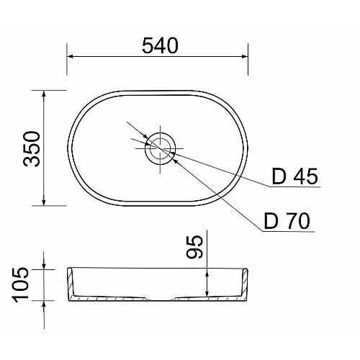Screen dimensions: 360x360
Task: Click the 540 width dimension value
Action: tap(160, 45)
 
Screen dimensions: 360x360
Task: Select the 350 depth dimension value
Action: tap(32, 149)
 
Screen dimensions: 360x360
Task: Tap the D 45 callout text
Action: tap(294, 176)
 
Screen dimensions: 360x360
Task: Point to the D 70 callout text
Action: tap(287, 221)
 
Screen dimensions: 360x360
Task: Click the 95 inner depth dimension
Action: tap(194, 247)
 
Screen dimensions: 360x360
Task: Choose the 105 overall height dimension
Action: tap(20, 284)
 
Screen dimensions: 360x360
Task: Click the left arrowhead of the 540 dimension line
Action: tap(70, 56)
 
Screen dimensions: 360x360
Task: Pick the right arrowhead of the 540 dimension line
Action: tap(245, 56)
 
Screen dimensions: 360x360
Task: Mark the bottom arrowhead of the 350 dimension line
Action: tap(44, 202)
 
